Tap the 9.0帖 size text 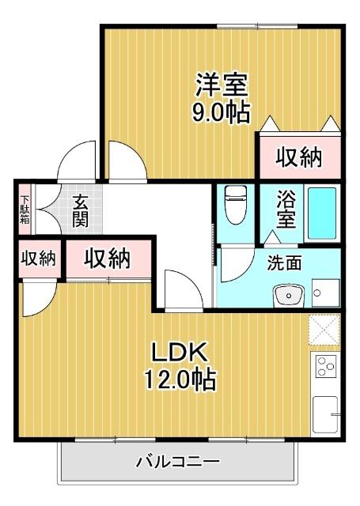pos(222,111)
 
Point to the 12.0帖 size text pos(180,380)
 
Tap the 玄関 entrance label pos(79,210)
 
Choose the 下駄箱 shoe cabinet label pos(25,210)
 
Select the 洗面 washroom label pos(283,264)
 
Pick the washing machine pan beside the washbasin pos(324,293)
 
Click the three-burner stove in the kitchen pos(325,367)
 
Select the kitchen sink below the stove pos(325,413)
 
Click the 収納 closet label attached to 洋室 pos(299,158)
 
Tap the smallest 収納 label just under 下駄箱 pos(38,259)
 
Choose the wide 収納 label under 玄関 pos(108,259)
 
